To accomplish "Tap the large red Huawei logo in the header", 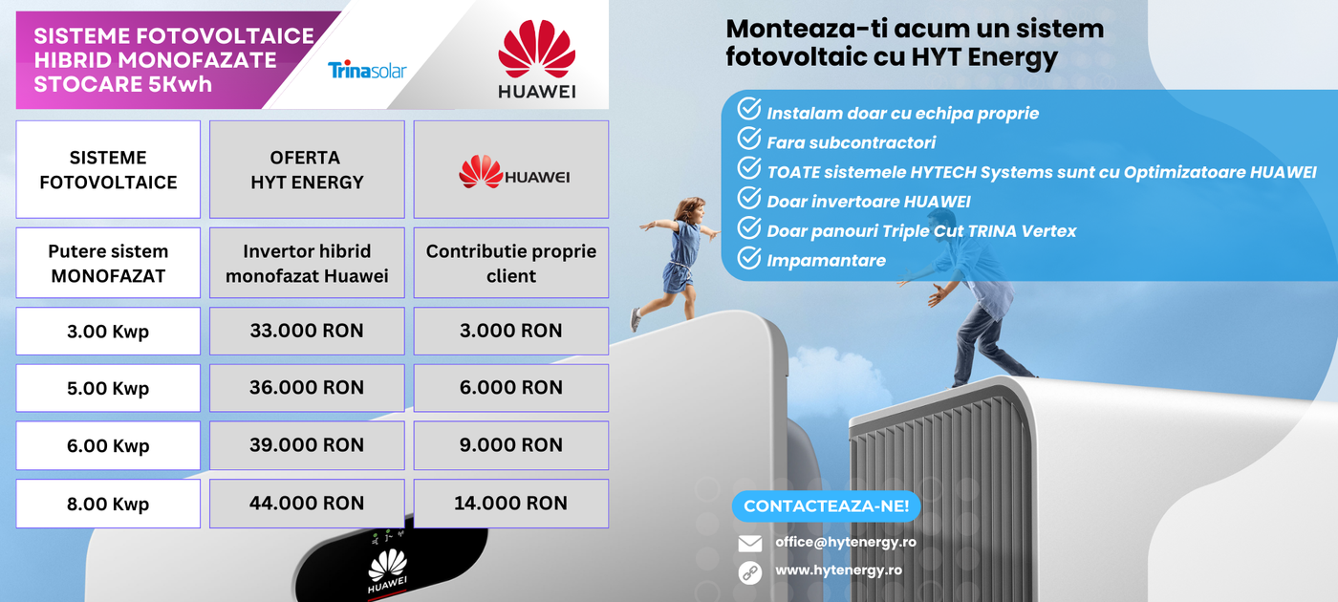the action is click(x=536, y=58).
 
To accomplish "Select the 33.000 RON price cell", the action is click(x=307, y=331).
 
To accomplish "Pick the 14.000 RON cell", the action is click(x=511, y=504).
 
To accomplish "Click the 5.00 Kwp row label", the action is click(x=108, y=388).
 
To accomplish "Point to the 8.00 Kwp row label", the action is click(x=108, y=504).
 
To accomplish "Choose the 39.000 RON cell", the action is click(x=307, y=445).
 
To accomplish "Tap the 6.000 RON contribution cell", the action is click(x=511, y=388).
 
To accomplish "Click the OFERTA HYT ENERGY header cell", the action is click(x=307, y=170).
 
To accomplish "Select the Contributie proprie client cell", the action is click(x=511, y=263).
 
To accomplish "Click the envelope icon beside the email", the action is click(x=749, y=544).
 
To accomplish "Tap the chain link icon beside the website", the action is click(x=749, y=572).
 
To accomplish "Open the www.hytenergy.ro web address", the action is click(x=839, y=570).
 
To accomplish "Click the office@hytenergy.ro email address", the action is click(x=845, y=543).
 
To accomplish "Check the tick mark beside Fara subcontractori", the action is click(x=749, y=138).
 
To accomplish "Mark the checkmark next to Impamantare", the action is click(x=749, y=257).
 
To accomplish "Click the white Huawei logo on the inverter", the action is click(x=388, y=571).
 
